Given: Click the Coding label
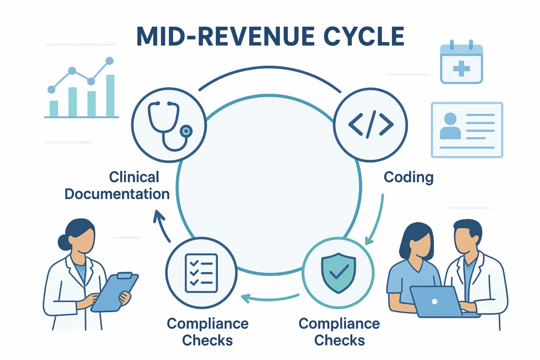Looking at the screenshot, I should (408, 177).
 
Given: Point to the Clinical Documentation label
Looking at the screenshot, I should (117, 185).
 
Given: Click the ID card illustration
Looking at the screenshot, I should (467, 129).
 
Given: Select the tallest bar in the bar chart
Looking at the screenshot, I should (110, 95).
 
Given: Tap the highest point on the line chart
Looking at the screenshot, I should (110, 61).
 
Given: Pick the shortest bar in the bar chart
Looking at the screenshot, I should (54, 108).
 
